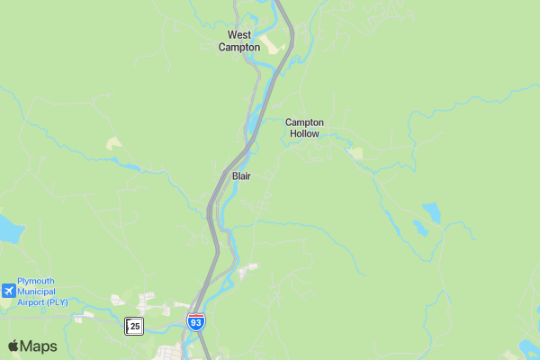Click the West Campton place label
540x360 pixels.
click(x=239, y=41)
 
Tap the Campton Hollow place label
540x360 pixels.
click(x=304, y=128)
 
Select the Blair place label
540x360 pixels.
click(x=241, y=176)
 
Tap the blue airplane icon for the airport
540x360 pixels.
click(x=8, y=291)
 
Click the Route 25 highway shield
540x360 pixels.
click(x=134, y=326)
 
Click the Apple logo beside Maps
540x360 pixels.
click(x=13, y=346)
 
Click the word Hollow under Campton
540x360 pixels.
click(x=304, y=133)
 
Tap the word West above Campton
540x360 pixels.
click(x=239, y=36)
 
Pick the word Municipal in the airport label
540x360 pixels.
click(x=36, y=292)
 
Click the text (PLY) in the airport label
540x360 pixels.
click(x=59, y=302)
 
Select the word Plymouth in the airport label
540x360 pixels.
click(x=36, y=281)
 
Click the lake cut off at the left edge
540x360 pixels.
click(x=7, y=229)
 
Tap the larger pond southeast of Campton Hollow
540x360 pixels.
click(x=432, y=212)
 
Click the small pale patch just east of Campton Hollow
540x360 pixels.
click(x=356, y=154)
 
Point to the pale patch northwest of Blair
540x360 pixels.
click(x=113, y=143)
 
